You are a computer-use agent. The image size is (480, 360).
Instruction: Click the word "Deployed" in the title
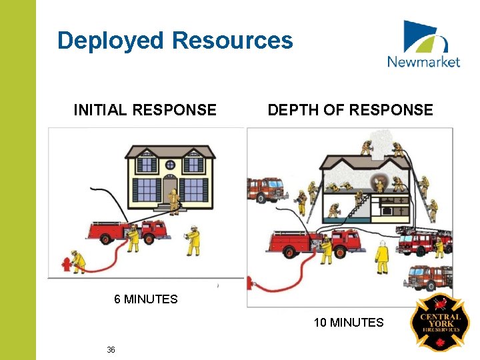[x=111, y=41]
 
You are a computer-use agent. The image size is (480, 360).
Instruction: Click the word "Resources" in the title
[x=232, y=41]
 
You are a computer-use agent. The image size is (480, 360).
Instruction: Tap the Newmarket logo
[x=423, y=45]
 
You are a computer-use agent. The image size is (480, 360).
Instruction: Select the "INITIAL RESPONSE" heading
[x=145, y=110]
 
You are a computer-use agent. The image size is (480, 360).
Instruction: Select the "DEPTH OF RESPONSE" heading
[x=350, y=110]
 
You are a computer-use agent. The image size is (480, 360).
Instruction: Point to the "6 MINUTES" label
[x=146, y=299]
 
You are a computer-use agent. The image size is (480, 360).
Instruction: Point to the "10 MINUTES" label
[x=349, y=323]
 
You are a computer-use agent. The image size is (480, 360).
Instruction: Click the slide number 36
[x=111, y=350]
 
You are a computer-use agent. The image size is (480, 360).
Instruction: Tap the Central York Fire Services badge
[x=439, y=322]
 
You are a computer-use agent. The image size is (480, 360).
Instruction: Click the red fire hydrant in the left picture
[x=66, y=264]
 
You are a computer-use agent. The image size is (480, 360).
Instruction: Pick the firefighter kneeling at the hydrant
[x=79, y=261]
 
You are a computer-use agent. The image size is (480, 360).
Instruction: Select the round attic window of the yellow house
[x=170, y=165]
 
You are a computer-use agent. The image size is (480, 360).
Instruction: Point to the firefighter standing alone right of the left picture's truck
[x=193, y=240]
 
